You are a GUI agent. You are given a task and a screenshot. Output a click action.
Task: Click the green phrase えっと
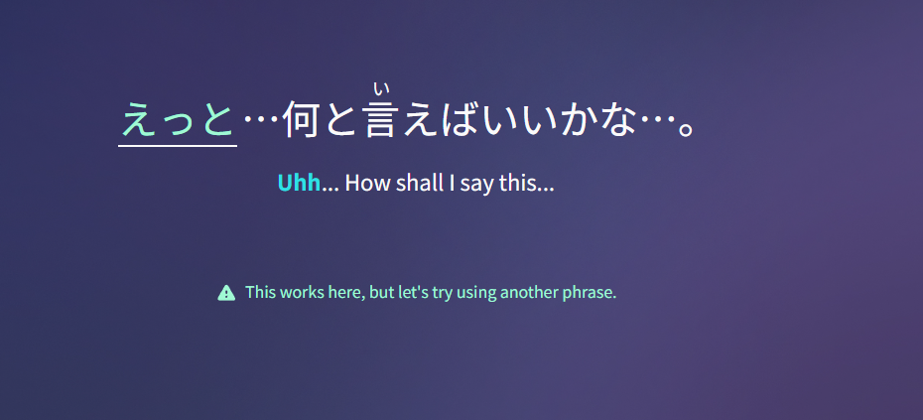(x=178, y=119)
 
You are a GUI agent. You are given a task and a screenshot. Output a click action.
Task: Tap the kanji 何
(x=301, y=119)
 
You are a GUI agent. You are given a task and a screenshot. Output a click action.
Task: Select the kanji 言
(x=380, y=119)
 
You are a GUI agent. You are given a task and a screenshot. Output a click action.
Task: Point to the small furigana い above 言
(x=381, y=89)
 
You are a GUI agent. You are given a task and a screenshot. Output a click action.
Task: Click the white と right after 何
(x=340, y=119)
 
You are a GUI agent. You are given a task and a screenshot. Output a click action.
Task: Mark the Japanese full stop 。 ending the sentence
(x=686, y=129)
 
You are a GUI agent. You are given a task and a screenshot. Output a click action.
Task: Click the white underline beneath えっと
(x=178, y=144)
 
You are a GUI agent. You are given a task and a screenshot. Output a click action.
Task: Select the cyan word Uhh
(x=299, y=184)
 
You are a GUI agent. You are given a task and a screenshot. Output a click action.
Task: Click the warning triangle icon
(x=226, y=292)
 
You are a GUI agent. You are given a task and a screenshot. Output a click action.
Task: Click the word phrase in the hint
(x=591, y=293)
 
